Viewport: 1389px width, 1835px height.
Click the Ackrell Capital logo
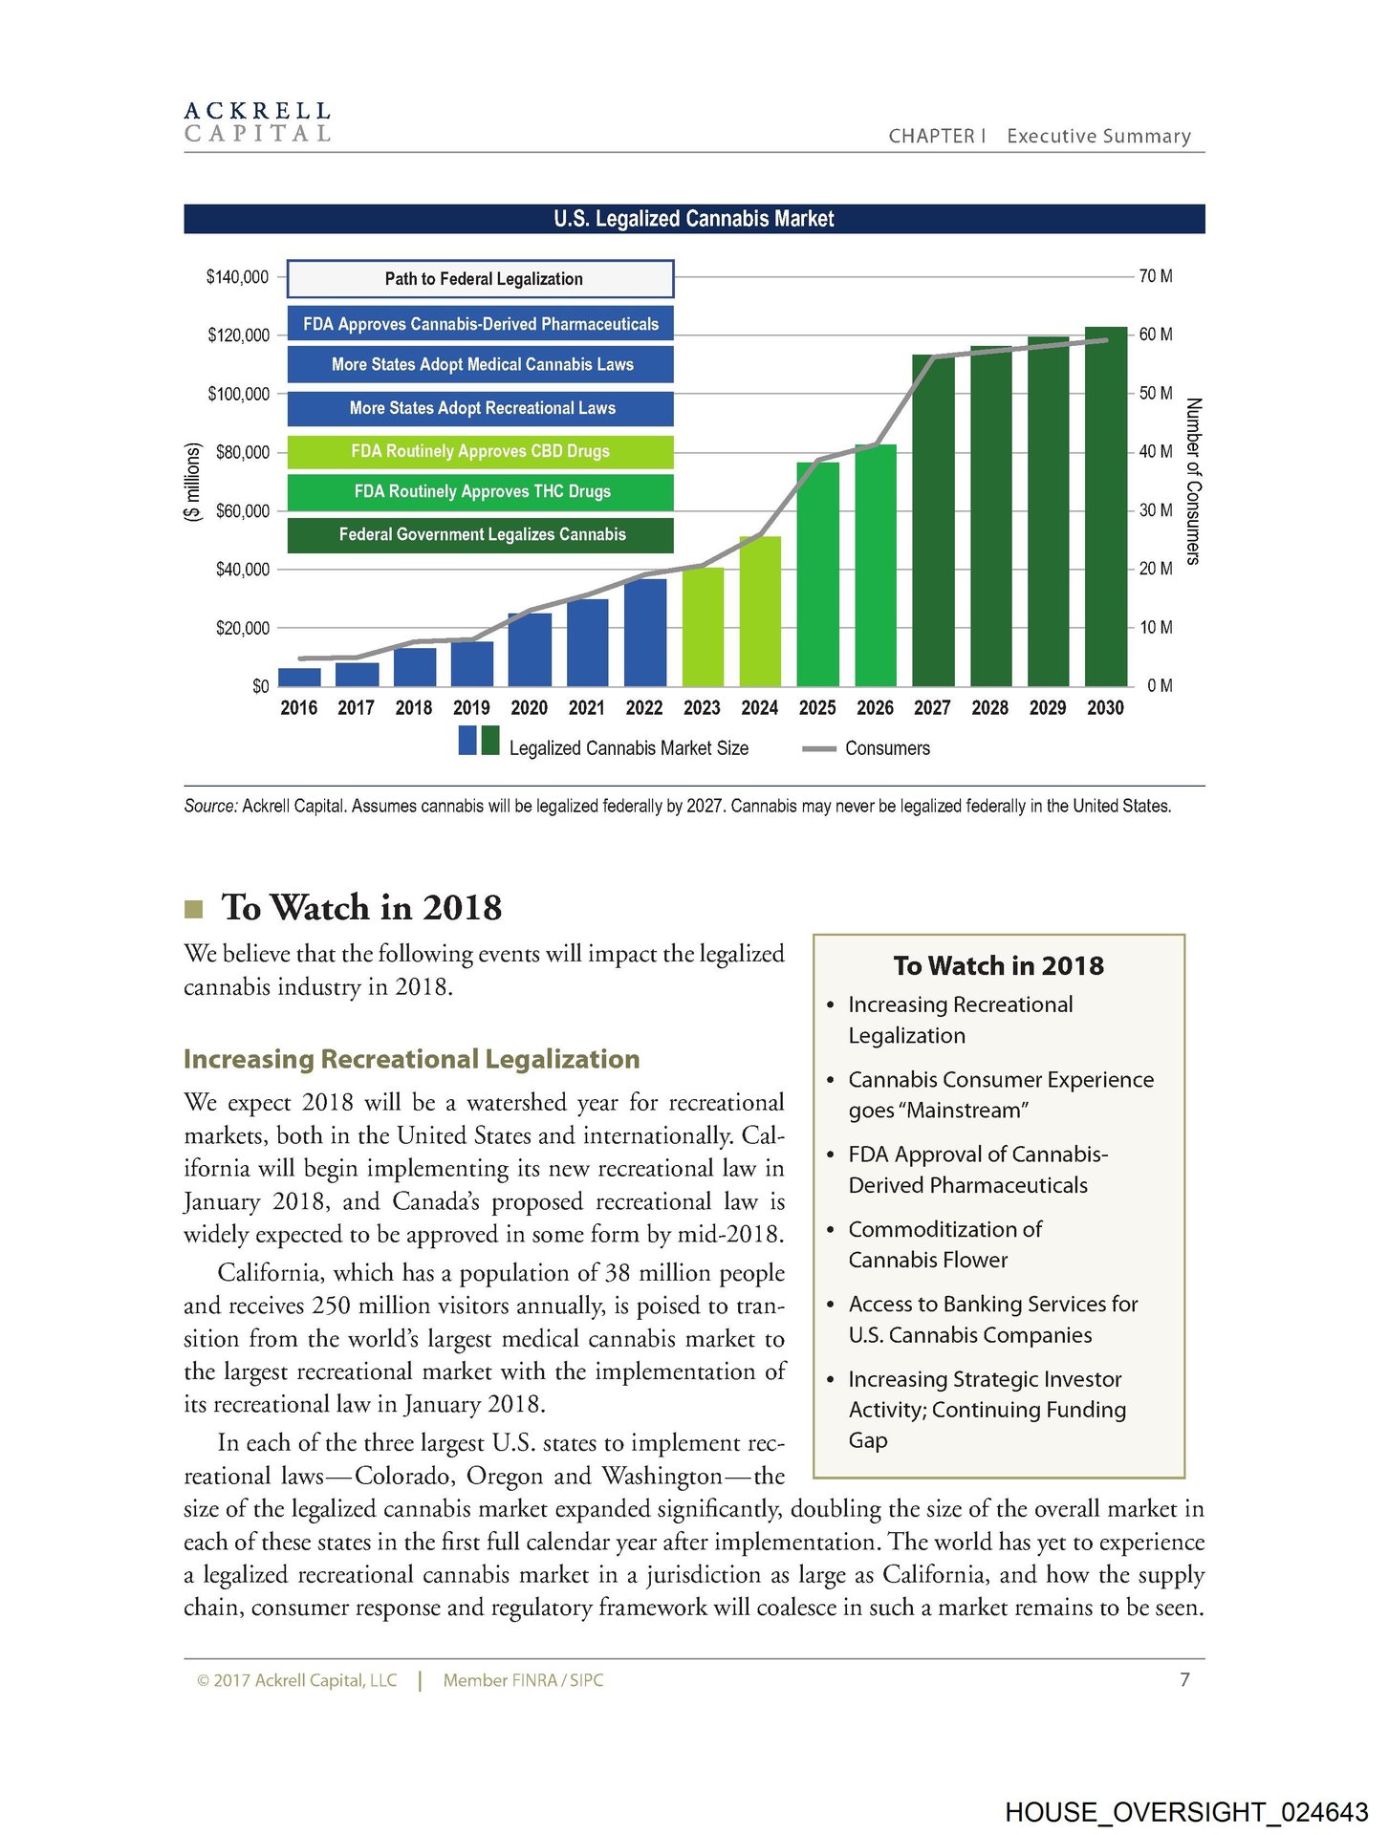[x=257, y=122]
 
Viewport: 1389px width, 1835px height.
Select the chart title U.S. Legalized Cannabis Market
[x=693, y=219]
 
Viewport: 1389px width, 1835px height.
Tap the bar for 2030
[x=1105, y=507]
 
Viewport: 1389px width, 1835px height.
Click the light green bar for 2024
[x=760, y=612]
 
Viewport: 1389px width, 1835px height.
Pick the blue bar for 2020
[x=529, y=650]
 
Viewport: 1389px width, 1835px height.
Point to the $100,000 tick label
[x=238, y=394]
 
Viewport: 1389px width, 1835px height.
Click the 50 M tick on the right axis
[x=1155, y=393]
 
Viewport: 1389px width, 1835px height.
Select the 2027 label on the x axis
[x=932, y=708]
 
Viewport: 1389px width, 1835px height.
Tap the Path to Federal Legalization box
[x=481, y=279]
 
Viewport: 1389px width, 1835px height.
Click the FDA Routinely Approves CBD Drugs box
[x=481, y=451]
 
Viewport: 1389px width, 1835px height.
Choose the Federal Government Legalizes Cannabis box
[x=481, y=534]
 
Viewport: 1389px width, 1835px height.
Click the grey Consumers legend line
[x=819, y=749]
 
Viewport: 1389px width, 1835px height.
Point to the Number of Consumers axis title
[x=1192, y=481]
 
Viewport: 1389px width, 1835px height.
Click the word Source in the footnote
[x=209, y=806]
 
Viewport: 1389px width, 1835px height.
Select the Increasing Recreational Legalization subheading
[x=411, y=1059]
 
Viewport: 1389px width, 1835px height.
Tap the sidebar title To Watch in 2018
[x=998, y=965]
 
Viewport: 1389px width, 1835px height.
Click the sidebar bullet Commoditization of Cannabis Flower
[x=944, y=1244]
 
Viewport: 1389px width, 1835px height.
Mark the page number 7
[x=1184, y=1679]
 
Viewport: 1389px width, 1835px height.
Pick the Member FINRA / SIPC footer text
[x=523, y=1680]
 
